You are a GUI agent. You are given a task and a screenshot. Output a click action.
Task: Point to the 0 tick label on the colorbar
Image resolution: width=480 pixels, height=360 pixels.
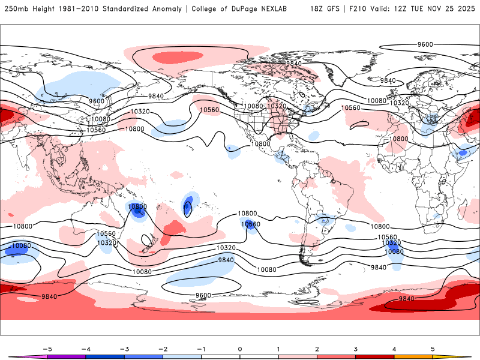(x=240, y=349)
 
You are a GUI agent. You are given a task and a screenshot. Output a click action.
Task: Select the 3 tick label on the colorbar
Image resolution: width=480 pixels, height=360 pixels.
(x=356, y=349)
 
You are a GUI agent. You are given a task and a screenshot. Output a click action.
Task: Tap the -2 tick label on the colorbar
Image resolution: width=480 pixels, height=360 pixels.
(x=163, y=349)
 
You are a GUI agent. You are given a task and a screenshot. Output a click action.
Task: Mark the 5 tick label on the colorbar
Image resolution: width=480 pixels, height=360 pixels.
(x=433, y=349)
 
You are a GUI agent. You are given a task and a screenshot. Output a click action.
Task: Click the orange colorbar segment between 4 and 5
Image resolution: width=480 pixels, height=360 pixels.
(x=413, y=356)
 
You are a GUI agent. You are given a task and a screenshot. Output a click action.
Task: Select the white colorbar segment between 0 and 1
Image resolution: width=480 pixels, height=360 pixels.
(x=259, y=356)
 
